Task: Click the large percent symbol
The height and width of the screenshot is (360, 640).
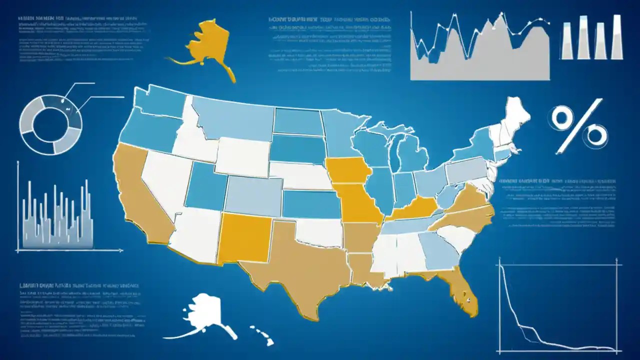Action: point(578,126)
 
